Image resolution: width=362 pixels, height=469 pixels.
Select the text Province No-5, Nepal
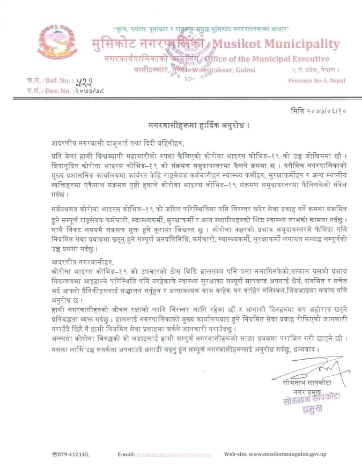(316, 80)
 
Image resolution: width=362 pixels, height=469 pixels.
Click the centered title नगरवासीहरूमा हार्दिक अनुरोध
(200, 125)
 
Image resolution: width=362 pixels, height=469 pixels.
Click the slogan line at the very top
(202, 27)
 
